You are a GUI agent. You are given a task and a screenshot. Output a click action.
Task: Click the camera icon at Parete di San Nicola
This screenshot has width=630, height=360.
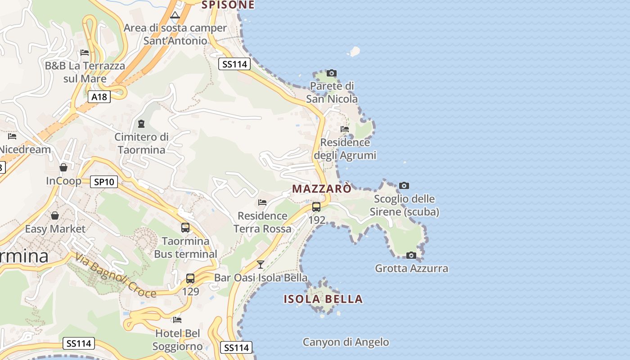(x=332, y=73)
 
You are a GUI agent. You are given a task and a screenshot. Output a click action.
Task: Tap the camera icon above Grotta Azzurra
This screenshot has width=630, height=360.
(x=411, y=256)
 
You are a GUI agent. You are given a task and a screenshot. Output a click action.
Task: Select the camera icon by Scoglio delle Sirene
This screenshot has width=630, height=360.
(x=404, y=185)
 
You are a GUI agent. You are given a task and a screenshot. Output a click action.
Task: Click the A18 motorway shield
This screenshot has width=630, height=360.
(x=99, y=97)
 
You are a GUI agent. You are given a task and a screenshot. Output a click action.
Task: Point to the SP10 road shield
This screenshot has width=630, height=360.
(x=104, y=182)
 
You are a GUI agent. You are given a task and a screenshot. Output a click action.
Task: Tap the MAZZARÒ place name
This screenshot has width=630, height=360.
(x=322, y=189)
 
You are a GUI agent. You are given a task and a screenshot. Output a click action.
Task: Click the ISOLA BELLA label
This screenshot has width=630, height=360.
(x=323, y=299)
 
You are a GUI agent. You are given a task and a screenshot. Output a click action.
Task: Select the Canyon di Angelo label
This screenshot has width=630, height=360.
(x=346, y=342)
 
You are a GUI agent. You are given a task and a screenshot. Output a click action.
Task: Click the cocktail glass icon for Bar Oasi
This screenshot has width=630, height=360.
(x=260, y=264)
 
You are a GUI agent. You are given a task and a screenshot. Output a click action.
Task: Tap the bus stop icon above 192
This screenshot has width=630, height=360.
(x=316, y=207)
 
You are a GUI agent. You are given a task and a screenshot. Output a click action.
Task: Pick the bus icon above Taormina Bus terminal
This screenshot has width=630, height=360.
(x=185, y=228)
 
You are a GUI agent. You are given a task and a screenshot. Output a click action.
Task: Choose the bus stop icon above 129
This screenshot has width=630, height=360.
(x=190, y=279)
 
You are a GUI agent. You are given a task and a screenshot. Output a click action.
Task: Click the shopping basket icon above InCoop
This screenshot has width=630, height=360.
(x=63, y=167)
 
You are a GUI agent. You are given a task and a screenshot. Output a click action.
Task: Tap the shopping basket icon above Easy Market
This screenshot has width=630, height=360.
(x=55, y=216)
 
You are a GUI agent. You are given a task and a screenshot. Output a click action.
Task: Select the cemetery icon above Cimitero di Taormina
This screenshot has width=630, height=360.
(x=141, y=123)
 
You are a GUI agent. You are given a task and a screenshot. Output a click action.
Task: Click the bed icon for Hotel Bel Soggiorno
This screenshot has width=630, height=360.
(x=177, y=320)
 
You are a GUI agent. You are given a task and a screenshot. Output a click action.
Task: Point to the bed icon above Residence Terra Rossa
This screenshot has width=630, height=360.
(x=262, y=202)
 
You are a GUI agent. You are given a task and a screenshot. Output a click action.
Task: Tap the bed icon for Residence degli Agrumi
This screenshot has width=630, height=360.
(x=345, y=129)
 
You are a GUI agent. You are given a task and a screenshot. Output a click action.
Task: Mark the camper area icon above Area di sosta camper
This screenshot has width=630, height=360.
(x=175, y=15)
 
